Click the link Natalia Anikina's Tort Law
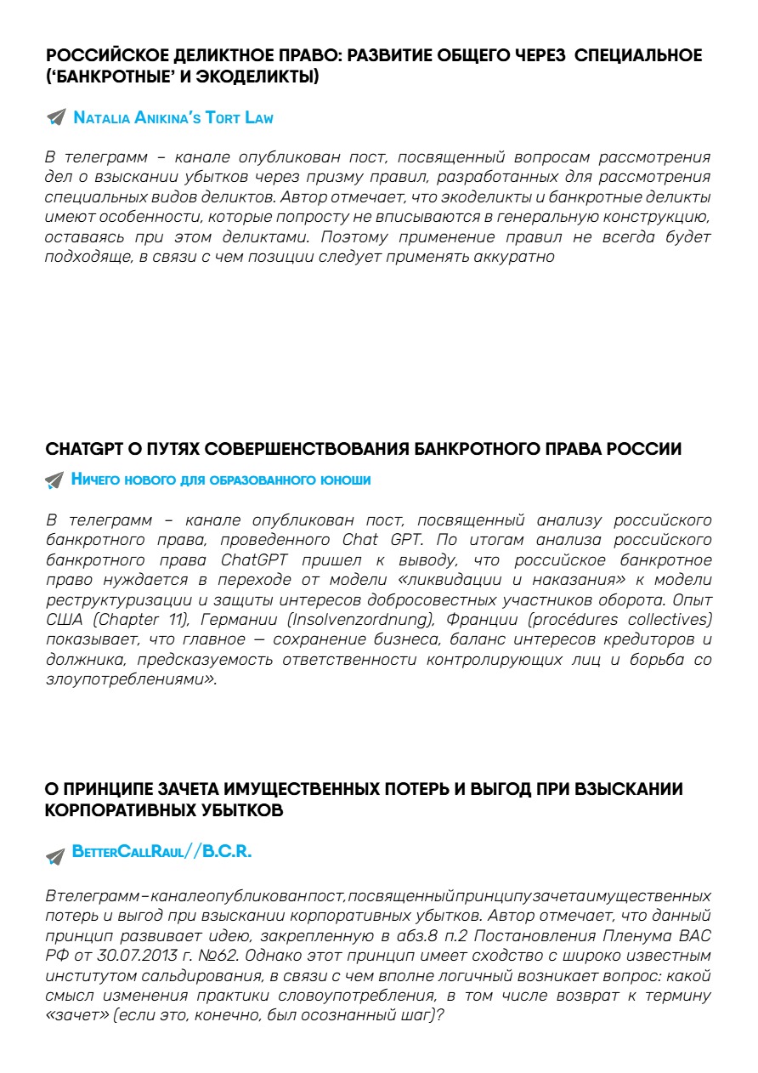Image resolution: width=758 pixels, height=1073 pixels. pos(173,118)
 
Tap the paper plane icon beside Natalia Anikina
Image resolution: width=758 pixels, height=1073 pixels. pos(55,118)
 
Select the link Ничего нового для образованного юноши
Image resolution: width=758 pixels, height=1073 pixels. pos(221,480)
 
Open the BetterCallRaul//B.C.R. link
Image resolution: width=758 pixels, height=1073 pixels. pos(162,852)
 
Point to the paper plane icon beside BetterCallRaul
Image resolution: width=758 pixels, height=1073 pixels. pos(55,855)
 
